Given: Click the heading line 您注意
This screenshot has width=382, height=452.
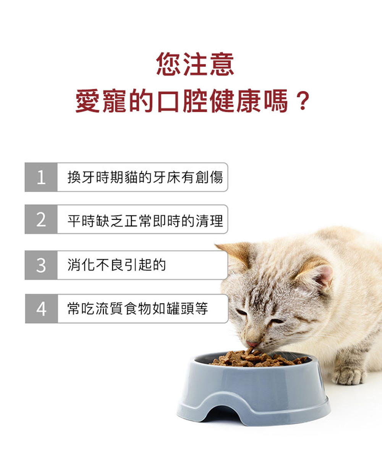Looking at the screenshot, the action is (195, 64).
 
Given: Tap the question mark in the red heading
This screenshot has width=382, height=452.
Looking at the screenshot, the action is (303, 101).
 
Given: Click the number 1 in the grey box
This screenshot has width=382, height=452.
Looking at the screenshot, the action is (41, 177).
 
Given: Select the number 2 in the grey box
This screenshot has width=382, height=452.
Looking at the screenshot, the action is (41, 220).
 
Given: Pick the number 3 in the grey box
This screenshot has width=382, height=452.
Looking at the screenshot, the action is (41, 265).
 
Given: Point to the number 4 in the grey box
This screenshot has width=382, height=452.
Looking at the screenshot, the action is (41, 309).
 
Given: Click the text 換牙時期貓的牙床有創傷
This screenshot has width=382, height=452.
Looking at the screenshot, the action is (145, 177).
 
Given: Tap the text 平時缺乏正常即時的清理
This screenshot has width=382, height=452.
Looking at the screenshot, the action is (145, 221).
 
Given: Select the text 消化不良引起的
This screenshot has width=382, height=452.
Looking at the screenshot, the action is (117, 265).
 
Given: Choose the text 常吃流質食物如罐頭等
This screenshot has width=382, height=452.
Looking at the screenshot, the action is (138, 308).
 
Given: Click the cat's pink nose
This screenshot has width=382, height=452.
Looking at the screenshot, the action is (252, 344).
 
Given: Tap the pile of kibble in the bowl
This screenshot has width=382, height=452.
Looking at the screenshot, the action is (258, 359).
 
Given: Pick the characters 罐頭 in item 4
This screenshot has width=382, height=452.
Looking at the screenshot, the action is (180, 308).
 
